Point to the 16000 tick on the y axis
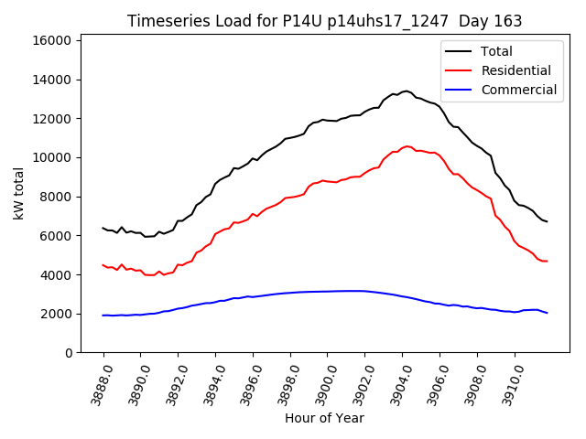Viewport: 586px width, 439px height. pyautogui.click(x=53, y=40)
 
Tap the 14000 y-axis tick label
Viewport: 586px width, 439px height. pyautogui.click(x=53, y=80)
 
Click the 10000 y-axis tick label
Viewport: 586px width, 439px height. pyautogui.click(x=53, y=157)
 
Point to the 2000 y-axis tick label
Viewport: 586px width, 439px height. pyautogui.click(x=57, y=314)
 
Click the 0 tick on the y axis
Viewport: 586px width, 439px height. pyautogui.click(x=69, y=353)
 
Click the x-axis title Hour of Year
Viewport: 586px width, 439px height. pyautogui.click(x=324, y=418)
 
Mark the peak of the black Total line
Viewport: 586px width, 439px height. pyautogui.click(x=406, y=91)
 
